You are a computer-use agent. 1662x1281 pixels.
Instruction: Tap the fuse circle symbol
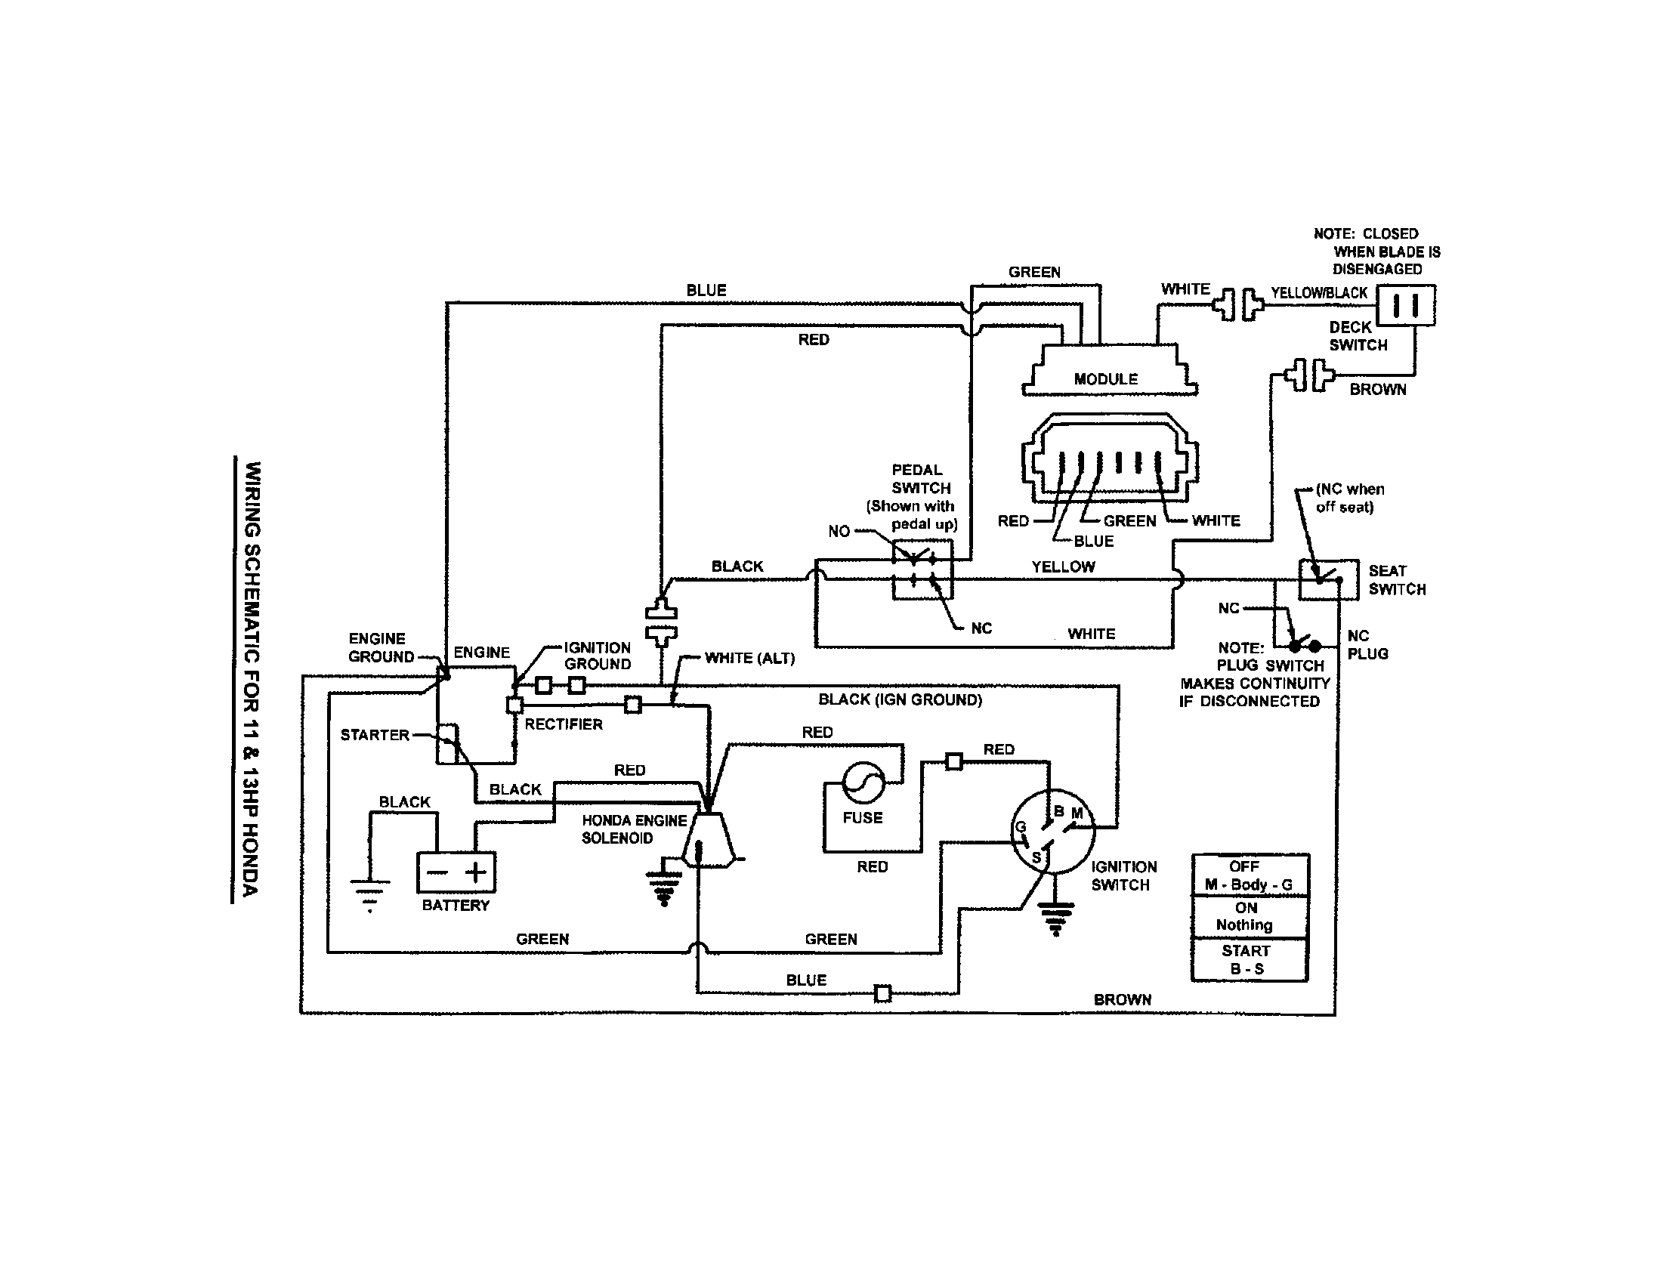pos(863,782)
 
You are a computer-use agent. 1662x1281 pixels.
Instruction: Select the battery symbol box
pos(456,872)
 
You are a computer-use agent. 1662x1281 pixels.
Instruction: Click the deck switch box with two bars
pos(1407,306)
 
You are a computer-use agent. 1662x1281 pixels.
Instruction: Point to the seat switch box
pos(1328,579)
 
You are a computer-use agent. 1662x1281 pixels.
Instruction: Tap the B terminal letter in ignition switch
pos(1058,812)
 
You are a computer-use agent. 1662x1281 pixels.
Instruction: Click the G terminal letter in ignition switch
pos(1021,827)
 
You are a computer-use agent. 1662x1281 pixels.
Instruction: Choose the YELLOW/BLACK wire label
pos(1319,293)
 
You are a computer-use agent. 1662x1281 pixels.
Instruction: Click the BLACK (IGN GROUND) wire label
pos(901,700)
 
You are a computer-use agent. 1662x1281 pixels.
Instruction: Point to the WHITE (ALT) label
pos(749,658)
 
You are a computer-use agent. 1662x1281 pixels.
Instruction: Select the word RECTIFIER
pos(563,724)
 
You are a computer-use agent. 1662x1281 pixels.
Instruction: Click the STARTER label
pos(375,735)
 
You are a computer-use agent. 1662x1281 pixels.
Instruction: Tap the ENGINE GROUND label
pos(381,647)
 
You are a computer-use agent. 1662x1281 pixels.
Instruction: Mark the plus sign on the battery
pos(476,872)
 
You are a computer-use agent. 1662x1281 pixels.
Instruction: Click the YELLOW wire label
pos(1063,566)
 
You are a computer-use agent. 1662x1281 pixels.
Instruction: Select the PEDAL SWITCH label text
pos(920,479)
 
